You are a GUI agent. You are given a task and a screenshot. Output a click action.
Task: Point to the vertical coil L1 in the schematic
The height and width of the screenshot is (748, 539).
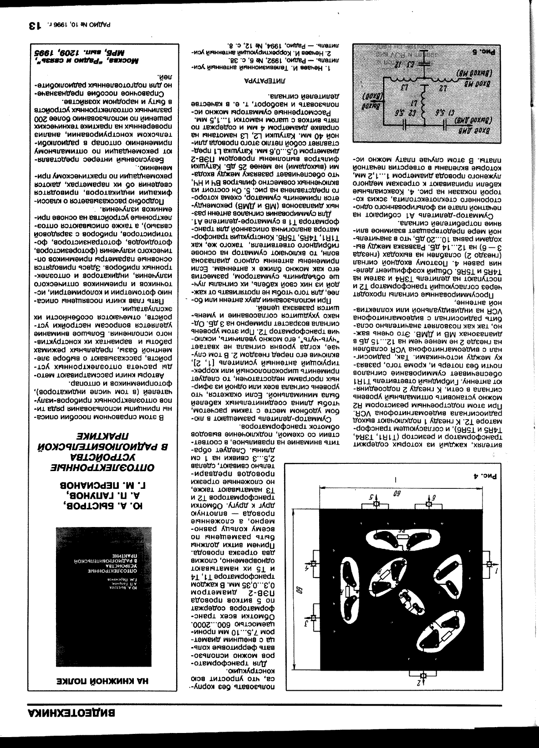pos(423,104)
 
